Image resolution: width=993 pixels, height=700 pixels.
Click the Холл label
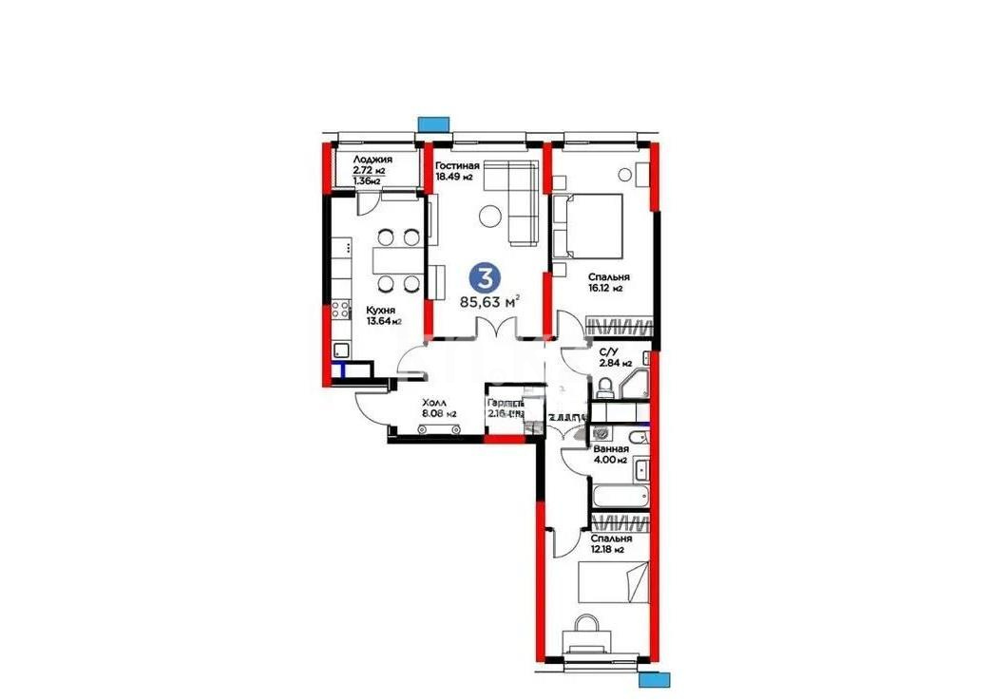click(433, 402)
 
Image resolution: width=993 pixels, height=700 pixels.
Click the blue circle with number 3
click(485, 277)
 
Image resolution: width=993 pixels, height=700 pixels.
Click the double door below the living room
click(495, 329)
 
